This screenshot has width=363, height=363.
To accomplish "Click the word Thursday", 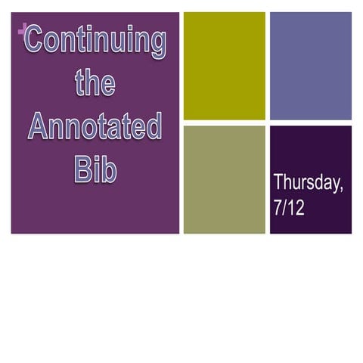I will [307, 183].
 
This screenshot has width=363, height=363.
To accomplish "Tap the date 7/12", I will [289, 208].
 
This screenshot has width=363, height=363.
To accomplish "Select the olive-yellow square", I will [225, 66].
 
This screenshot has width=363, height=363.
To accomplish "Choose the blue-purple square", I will [311, 66].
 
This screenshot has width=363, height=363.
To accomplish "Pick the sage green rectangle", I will [225, 179].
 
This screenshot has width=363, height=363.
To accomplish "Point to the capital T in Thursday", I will [278, 182].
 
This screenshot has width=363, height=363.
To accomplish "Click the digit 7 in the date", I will [278, 208].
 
